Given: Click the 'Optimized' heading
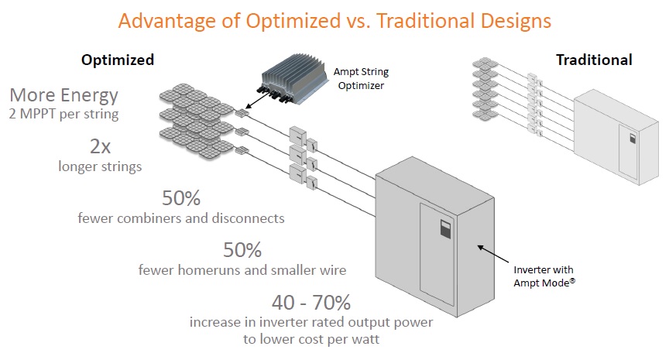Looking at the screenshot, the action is click(118, 60).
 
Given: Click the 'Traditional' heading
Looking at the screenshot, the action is click(594, 60).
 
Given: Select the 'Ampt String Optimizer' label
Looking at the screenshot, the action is click(361, 78).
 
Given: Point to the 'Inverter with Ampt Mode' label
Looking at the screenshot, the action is click(544, 276).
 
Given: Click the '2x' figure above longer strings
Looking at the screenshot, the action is click(100, 147).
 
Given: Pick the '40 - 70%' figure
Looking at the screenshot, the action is click(311, 303).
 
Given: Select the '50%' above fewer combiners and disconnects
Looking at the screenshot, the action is click(181, 198).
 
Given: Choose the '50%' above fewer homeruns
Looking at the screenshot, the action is click(242, 250).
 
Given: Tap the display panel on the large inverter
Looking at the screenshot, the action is click(446, 228).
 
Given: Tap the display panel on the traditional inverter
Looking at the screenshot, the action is click(633, 139).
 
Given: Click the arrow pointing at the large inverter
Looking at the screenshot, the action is click(492, 254).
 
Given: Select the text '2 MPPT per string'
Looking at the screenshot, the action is click(64, 115).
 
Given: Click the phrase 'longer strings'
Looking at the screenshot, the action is click(100, 166).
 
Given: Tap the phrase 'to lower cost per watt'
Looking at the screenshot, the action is click(311, 340).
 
